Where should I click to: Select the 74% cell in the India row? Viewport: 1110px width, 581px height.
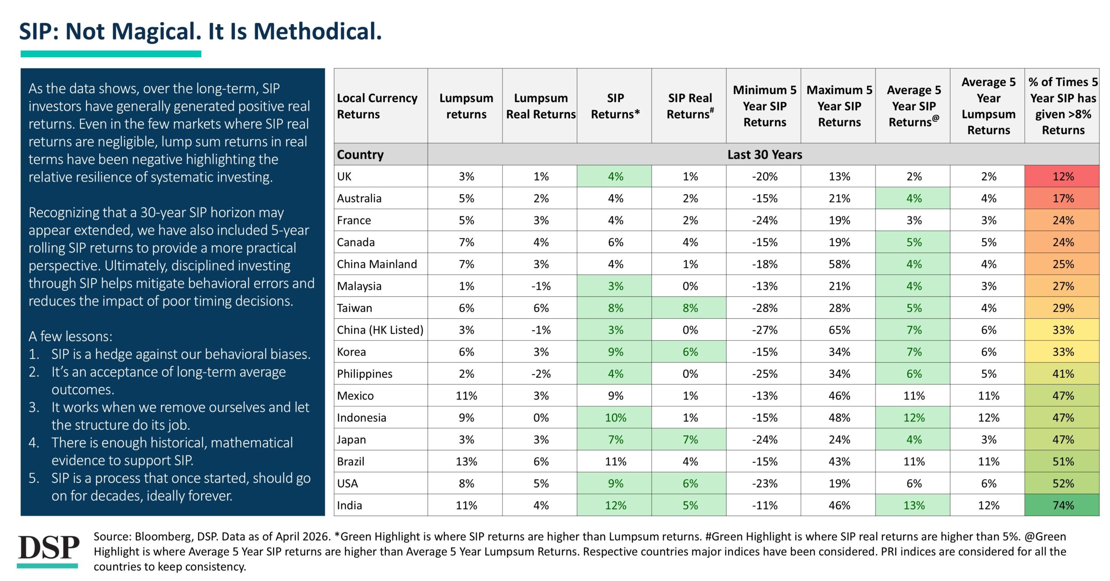[1063, 505]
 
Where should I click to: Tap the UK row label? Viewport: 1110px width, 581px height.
[344, 176]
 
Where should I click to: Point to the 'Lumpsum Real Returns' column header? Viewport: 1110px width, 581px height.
[541, 106]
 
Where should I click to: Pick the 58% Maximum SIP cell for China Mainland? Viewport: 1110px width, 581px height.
[839, 264]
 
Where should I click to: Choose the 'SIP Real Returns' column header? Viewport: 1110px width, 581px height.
[690, 106]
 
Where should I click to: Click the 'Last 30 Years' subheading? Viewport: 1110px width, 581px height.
[764, 155]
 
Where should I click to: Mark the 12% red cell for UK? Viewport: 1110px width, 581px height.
[1063, 176]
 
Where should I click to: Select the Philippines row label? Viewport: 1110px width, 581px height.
[365, 374]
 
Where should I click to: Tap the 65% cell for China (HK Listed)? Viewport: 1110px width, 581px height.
[839, 330]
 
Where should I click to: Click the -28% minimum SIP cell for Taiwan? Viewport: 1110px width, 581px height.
[764, 308]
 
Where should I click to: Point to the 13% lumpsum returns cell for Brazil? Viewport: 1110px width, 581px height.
[466, 461]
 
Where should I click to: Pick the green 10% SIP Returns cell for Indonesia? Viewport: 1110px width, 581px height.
[615, 418]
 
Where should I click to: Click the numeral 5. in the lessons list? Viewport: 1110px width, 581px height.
[34, 478]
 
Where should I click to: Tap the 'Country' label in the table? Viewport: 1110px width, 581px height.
[360, 155]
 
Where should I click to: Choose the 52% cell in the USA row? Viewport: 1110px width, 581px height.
[1063, 484]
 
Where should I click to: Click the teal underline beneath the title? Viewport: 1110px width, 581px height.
[111, 54]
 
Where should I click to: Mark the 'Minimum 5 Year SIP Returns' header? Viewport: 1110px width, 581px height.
[764, 106]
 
